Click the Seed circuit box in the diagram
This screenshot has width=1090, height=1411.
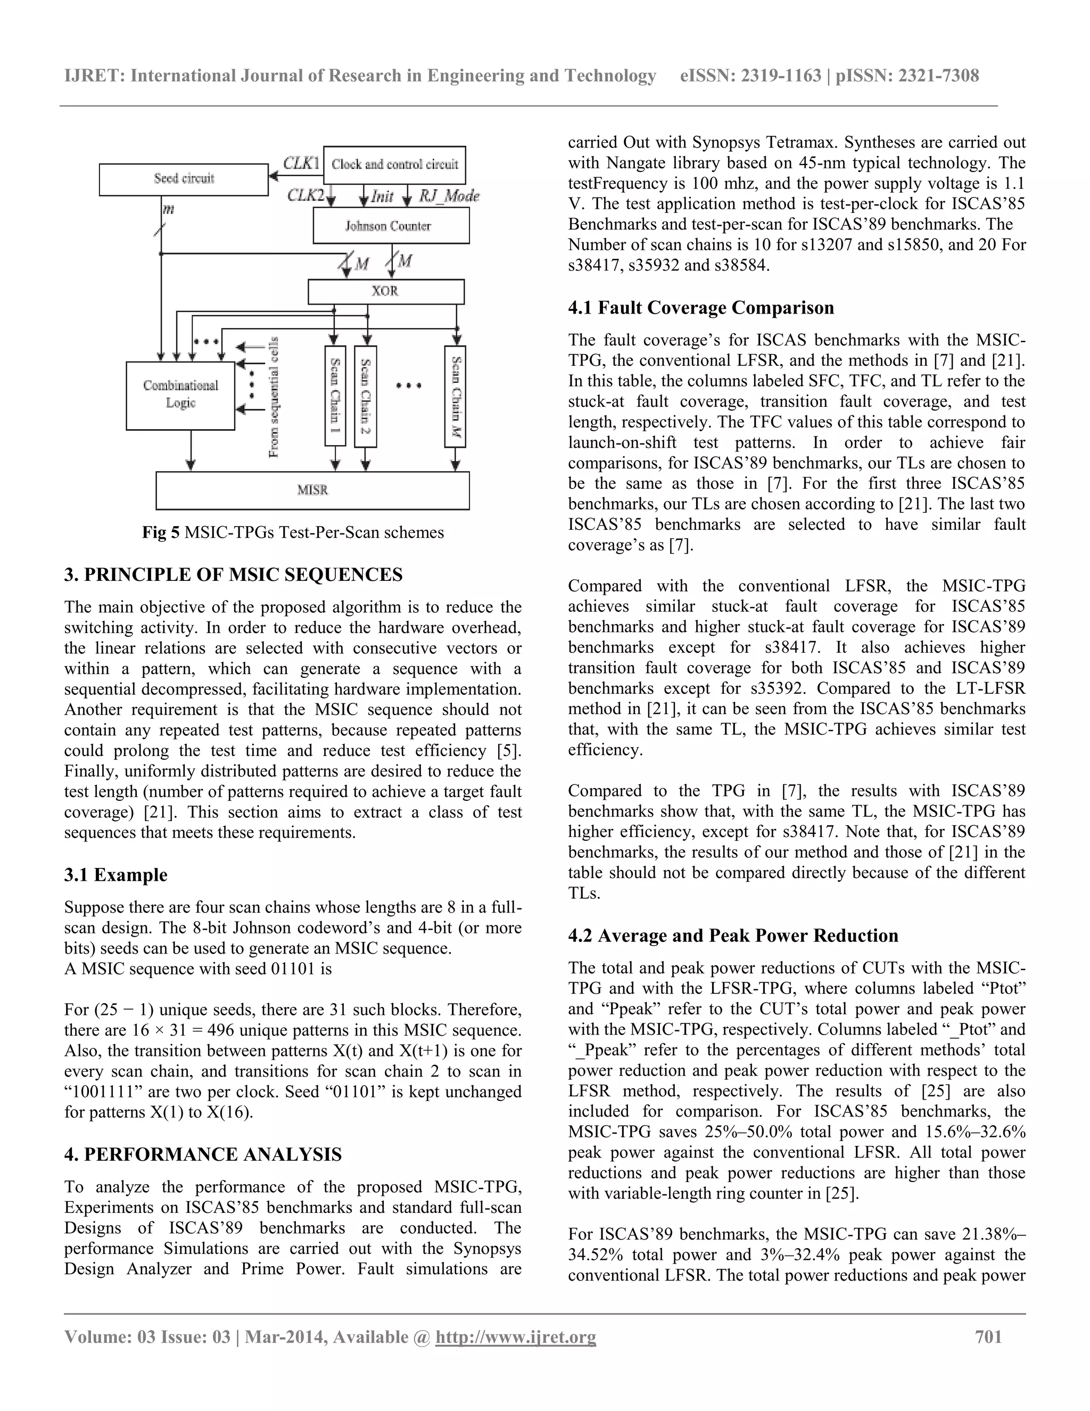(x=184, y=179)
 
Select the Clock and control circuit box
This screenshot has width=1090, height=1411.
(x=394, y=165)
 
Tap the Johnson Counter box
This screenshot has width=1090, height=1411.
(x=391, y=226)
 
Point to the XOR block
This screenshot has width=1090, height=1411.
(x=385, y=291)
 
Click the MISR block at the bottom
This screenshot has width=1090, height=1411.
(x=312, y=490)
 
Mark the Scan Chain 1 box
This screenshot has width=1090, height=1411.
(x=335, y=396)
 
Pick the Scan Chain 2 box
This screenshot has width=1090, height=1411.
(x=366, y=396)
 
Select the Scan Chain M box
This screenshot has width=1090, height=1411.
(x=455, y=396)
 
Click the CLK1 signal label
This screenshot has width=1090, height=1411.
(x=302, y=163)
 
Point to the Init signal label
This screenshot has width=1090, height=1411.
(x=382, y=196)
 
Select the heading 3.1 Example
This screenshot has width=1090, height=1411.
(x=115, y=875)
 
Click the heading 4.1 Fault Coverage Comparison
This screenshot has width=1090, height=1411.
(x=700, y=308)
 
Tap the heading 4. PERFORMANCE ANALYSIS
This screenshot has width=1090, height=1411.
(x=203, y=1154)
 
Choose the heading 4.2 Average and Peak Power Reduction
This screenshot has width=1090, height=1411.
(x=733, y=936)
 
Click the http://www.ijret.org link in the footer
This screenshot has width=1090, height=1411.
(x=515, y=1336)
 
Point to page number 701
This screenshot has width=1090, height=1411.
(x=988, y=1336)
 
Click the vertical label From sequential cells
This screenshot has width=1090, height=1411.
(x=274, y=397)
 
